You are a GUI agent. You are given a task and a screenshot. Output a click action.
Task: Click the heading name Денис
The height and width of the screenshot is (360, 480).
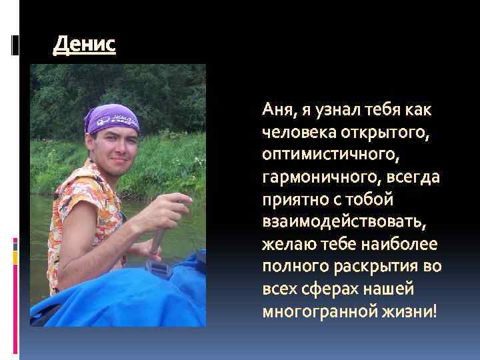coord(84,45)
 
